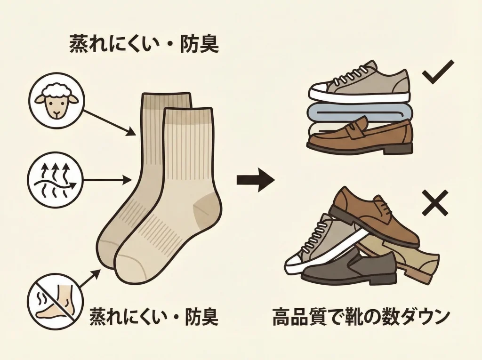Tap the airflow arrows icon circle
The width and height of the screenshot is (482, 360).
[56, 179]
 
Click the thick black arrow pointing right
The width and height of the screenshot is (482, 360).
[255, 180]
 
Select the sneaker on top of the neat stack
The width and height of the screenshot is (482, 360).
[360, 84]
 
